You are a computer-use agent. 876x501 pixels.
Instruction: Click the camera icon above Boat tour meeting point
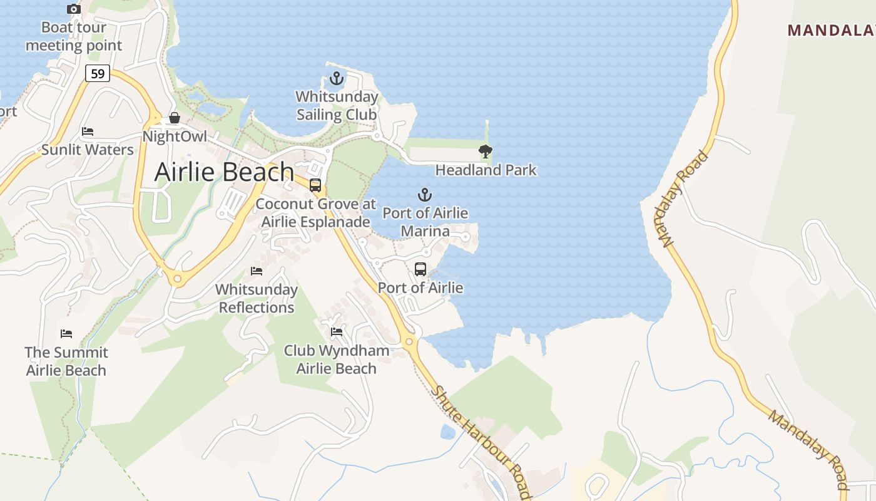pyautogui.click(x=74, y=9)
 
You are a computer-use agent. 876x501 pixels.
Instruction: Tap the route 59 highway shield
pyautogui.click(x=98, y=74)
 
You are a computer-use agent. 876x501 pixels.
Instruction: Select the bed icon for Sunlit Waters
pyautogui.click(x=88, y=132)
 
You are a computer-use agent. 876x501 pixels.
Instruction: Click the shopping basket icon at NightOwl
pyautogui.click(x=175, y=118)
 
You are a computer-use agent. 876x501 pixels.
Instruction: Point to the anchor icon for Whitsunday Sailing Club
pyautogui.click(x=337, y=79)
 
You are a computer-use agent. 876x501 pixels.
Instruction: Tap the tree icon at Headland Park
pyautogui.click(x=485, y=151)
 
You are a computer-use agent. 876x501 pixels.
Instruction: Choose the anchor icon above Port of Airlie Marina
pyautogui.click(x=425, y=195)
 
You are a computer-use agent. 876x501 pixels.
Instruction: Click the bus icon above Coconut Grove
pyautogui.click(x=315, y=185)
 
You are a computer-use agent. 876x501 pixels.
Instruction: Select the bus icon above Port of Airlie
pyautogui.click(x=420, y=269)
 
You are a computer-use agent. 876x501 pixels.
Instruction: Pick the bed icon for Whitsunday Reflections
pyautogui.click(x=257, y=271)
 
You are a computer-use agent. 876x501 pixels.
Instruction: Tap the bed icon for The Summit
pyautogui.click(x=66, y=333)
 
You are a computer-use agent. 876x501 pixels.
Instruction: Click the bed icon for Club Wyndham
pyautogui.click(x=337, y=332)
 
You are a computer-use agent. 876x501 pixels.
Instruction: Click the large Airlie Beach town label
pyautogui.click(x=224, y=172)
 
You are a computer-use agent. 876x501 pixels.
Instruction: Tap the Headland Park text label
pyautogui.click(x=486, y=170)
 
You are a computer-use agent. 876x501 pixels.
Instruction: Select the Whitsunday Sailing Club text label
pyautogui.click(x=337, y=106)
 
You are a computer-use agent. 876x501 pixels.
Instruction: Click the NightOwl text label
pyautogui.click(x=175, y=137)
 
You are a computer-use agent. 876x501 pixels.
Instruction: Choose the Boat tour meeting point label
pyautogui.click(x=74, y=36)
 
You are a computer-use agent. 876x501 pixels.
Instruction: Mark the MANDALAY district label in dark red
pyautogui.click(x=831, y=30)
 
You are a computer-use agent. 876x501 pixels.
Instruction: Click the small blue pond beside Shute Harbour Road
pyautogui.click(x=448, y=431)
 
